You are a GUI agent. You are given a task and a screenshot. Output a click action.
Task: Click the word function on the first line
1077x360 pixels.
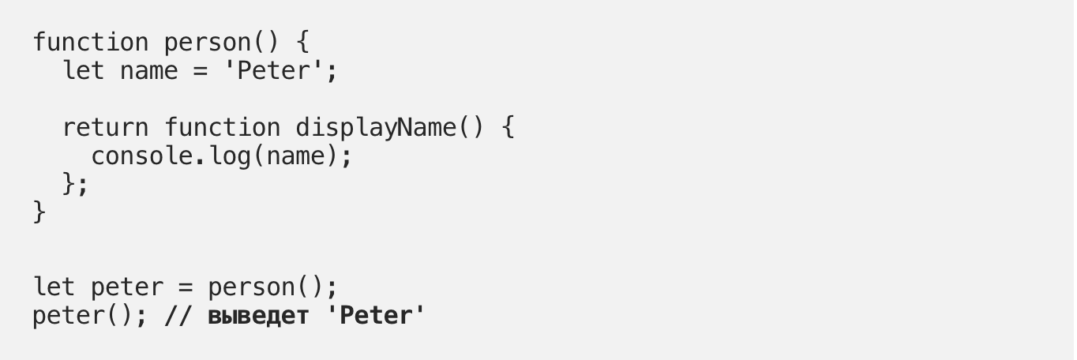[91, 42]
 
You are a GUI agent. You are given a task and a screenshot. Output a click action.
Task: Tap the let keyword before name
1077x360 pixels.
[84, 70]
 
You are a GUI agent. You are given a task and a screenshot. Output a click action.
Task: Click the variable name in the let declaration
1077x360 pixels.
[149, 70]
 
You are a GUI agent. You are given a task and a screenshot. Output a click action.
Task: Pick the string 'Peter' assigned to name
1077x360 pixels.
[274, 70]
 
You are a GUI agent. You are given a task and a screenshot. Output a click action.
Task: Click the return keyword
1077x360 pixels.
[105, 127]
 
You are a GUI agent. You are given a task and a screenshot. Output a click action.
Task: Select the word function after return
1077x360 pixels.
[222, 127]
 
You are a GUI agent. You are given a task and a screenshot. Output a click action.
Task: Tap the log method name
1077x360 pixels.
[229, 156]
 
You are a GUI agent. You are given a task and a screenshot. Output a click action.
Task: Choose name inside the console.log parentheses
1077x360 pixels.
[295, 156]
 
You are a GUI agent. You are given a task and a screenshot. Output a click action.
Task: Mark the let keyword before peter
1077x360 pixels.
[54, 287]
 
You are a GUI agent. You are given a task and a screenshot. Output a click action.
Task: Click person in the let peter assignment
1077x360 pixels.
[251, 287]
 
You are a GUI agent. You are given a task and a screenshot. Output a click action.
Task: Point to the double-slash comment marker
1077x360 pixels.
[178, 316]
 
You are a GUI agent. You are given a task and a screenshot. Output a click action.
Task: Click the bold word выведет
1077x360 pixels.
[257, 316]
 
